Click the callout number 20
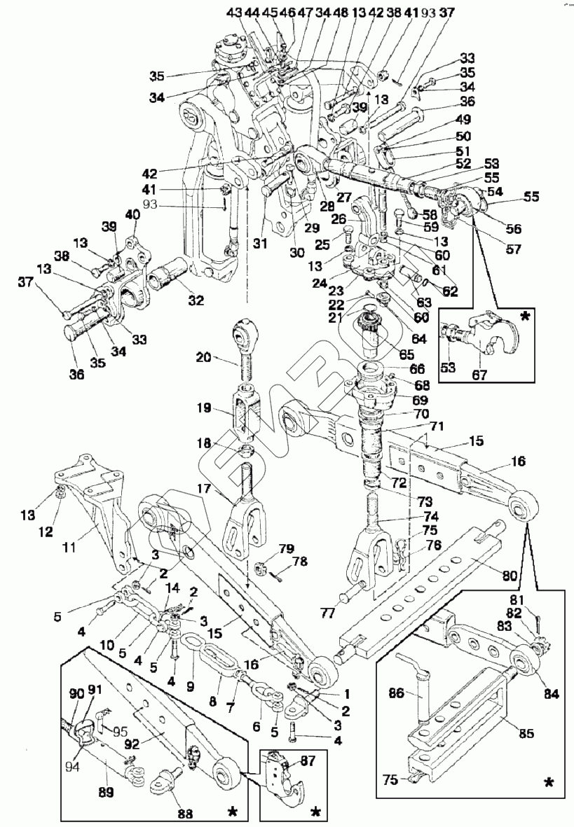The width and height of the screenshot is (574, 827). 203,358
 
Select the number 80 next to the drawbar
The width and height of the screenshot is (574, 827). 510,576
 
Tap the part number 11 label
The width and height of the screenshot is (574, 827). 69,548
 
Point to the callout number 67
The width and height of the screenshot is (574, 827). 479,375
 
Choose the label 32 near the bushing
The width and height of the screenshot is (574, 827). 196,300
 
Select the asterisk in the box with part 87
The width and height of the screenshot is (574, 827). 317,811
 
